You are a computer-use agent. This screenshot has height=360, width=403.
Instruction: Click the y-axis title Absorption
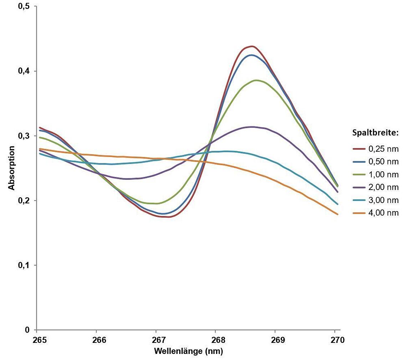tap(12, 168)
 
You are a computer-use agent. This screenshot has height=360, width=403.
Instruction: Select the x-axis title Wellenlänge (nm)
tap(188, 351)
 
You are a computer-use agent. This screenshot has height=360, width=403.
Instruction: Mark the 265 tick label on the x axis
tap(40, 340)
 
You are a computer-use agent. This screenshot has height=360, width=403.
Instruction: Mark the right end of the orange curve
tap(337, 214)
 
